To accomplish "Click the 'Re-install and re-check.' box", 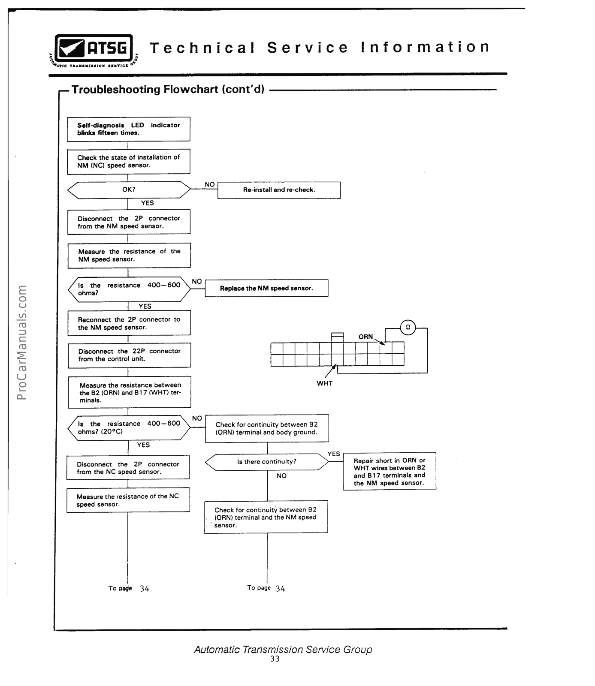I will (279, 190).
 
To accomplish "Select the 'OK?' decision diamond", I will (129, 190).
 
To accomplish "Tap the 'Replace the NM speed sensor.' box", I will (266, 288).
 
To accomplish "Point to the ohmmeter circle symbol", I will (408, 327).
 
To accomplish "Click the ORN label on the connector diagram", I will (365, 337).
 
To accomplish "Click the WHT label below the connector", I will (324, 383).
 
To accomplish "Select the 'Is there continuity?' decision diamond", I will (267, 462).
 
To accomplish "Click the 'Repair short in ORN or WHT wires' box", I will (389, 472).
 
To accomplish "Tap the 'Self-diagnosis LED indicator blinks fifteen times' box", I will (129, 129).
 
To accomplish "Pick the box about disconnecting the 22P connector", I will (129, 355).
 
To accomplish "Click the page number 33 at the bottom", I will (275, 659).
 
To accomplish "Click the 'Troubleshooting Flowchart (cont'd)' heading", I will (168, 90).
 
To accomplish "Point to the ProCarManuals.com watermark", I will (22, 342).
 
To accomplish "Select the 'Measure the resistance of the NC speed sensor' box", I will (128, 500).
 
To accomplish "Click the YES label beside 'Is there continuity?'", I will (333, 454).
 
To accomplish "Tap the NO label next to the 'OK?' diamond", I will (209, 184).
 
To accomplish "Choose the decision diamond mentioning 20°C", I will (129, 427).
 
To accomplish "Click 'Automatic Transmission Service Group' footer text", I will (283, 649).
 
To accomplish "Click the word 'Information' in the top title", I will (424, 47).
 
